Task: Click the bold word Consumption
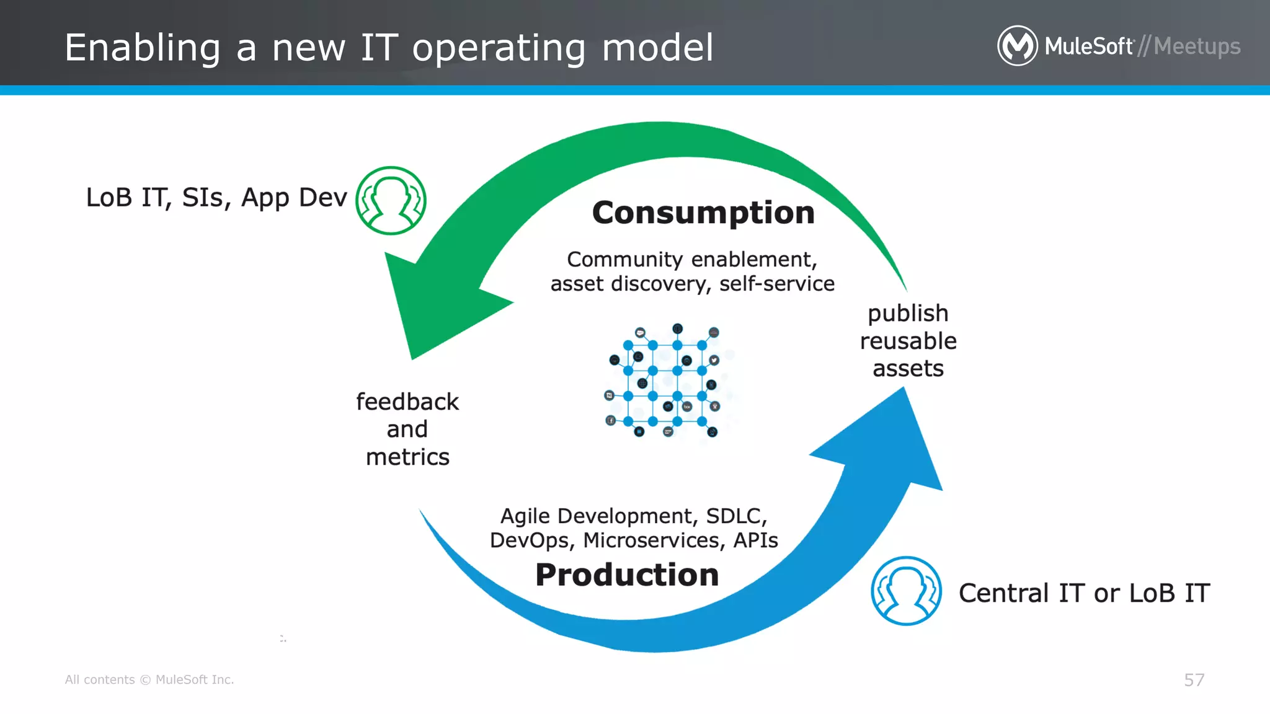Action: coord(703,213)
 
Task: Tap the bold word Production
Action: coord(627,575)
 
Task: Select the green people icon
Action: coord(391,200)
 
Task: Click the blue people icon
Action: coord(906,591)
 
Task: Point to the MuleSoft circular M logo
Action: coord(1017,46)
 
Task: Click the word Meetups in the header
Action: coord(1197,46)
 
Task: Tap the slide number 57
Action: coord(1194,680)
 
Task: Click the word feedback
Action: coord(407,402)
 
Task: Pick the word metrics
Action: coord(407,457)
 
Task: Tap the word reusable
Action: coord(908,342)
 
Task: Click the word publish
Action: coord(908,314)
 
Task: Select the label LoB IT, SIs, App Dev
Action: coord(216,198)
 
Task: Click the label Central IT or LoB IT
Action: coord(1084,593)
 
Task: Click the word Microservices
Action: coord(654,540)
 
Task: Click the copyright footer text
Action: coord(149,680)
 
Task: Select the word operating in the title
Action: coord(499,48)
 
